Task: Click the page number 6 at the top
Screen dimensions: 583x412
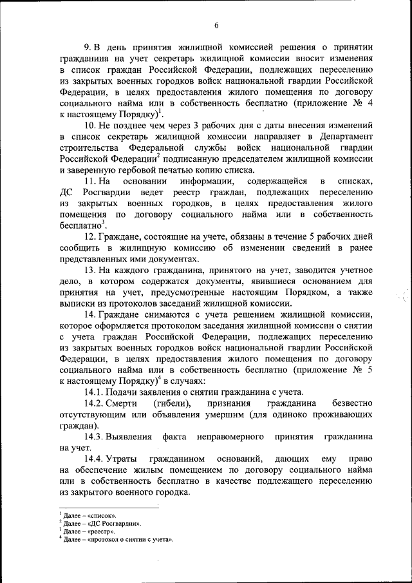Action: coord(216,25)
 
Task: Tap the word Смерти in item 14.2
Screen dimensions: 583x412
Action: coord(124,404)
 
